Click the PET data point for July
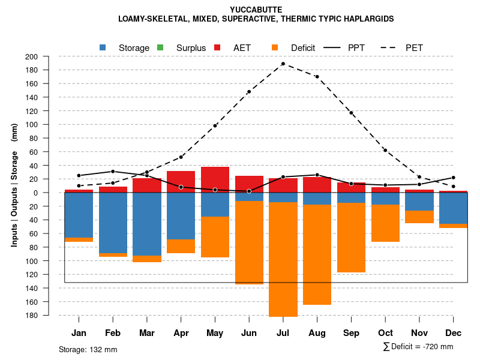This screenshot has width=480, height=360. (283, 64)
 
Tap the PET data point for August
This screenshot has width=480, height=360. (317, 77)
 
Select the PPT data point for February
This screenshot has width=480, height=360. (113, 172)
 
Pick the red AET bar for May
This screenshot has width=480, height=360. (215, 179)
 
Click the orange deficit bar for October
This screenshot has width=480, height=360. (385, 223)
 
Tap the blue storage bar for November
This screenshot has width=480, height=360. (419, 202)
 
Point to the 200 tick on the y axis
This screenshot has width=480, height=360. (47, 57)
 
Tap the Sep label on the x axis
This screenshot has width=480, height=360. (351, 333)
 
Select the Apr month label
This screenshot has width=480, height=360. (181, 333)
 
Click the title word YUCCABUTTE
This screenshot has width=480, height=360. (256, 10)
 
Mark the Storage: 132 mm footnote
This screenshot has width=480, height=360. (88, 349)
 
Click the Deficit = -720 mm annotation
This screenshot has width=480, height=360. (418, 347)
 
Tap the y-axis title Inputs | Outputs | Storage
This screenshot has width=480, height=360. (14, 185)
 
